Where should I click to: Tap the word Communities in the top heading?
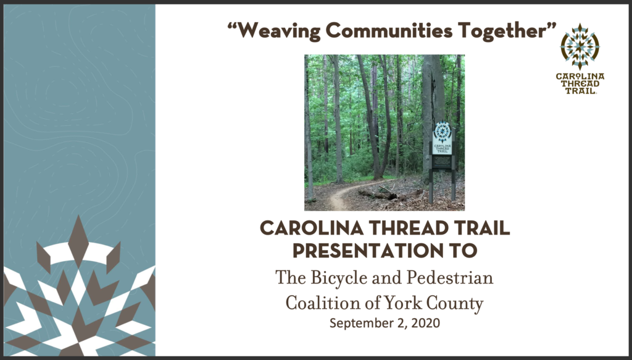[389, 30]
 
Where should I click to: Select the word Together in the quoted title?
[501, 31]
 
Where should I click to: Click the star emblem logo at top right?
[580, 46]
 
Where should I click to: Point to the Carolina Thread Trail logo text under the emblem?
[580, 83]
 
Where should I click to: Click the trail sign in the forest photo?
[442, 161]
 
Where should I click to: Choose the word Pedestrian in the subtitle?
[450, 277]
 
